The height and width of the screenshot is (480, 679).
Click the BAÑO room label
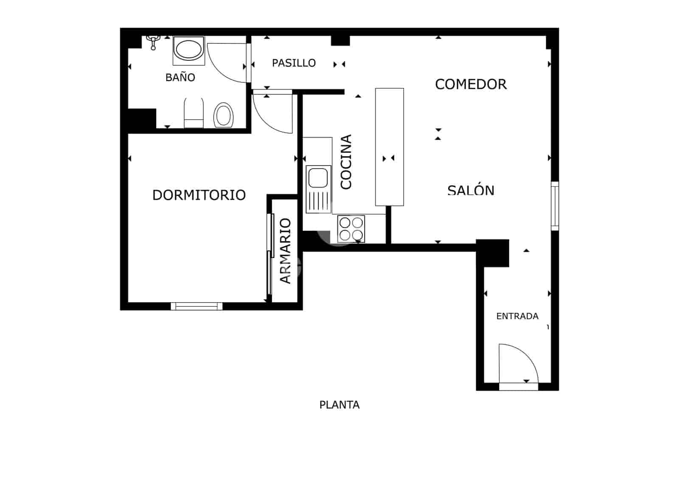[x=180, y=77]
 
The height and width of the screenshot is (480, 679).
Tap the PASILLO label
[x=294, y=63]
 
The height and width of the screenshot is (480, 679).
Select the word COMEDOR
[x=471, y=84]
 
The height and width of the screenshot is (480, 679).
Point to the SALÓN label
[x=471, y=190]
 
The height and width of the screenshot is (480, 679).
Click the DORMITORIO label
[x=199, y=195]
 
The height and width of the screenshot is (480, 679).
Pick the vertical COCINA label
[x=346, y=162]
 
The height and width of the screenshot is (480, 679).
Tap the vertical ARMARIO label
[x=285, y=250]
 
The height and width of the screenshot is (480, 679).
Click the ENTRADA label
[x=517, y=316]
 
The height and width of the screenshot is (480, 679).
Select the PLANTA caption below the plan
[x=339, y=405]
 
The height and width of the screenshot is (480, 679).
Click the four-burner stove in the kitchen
[x=351, y=229]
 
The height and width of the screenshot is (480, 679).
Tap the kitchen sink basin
[x=318, y=177]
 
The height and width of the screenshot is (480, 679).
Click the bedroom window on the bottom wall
[x=196, y=306]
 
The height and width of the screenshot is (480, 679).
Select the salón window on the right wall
[x=555, y=206]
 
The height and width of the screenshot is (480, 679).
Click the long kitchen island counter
[x=389, y=146]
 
